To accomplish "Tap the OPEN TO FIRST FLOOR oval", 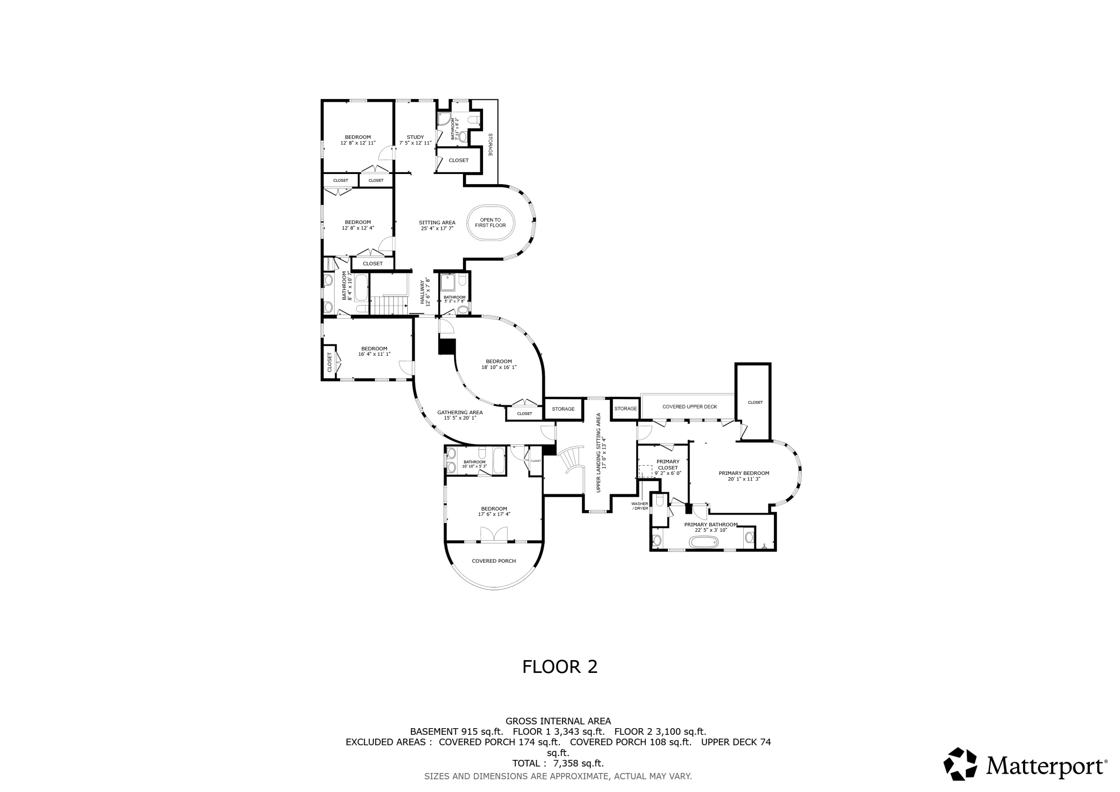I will coord(490,223).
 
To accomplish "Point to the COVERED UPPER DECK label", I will coord(689,407).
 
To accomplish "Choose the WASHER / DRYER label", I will coord(640,506).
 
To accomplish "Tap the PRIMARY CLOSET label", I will coord(668,465).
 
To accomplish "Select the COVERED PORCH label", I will coord(494,561).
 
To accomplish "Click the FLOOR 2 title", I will coord(560,667).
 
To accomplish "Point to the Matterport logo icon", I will coord(959,764).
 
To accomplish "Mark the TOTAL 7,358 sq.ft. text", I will coord(557,763).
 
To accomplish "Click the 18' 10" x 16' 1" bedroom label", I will coord(498,364).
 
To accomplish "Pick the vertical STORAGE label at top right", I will coord(490,145).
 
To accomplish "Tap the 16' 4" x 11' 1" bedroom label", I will coord(374,351).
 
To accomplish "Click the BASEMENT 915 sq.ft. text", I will coord(456,732).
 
